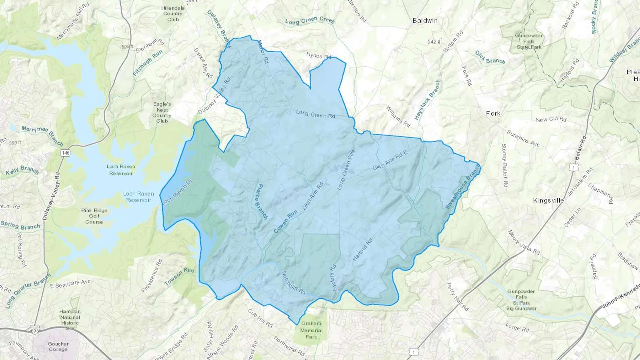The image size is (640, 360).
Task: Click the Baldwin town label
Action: [x=425, y=21]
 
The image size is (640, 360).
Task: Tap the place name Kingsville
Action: [x=548, y=200]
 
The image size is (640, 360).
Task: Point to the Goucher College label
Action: [x=58, y=346]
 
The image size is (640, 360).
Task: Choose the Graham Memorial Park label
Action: [x=311, y=330]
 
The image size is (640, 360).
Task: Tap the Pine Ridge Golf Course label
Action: [x=94, y=216]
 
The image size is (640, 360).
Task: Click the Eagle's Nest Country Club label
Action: [x=162, y=112]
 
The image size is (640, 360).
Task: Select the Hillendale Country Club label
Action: [x=173, y=14]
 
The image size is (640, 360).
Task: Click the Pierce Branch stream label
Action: [x=261, y=202]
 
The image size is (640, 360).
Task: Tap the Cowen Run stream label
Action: [x=286, y=221]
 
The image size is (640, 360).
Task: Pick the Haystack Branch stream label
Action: [x=427, y=100]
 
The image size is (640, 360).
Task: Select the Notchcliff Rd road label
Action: [x=294, y=283]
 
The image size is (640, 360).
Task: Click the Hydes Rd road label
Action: [x=319, y=56]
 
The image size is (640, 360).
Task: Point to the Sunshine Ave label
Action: [x=523, y=138]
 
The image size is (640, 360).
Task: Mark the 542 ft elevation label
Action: [x=434, y=42]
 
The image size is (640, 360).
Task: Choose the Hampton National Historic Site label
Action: [x=70, y=320]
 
